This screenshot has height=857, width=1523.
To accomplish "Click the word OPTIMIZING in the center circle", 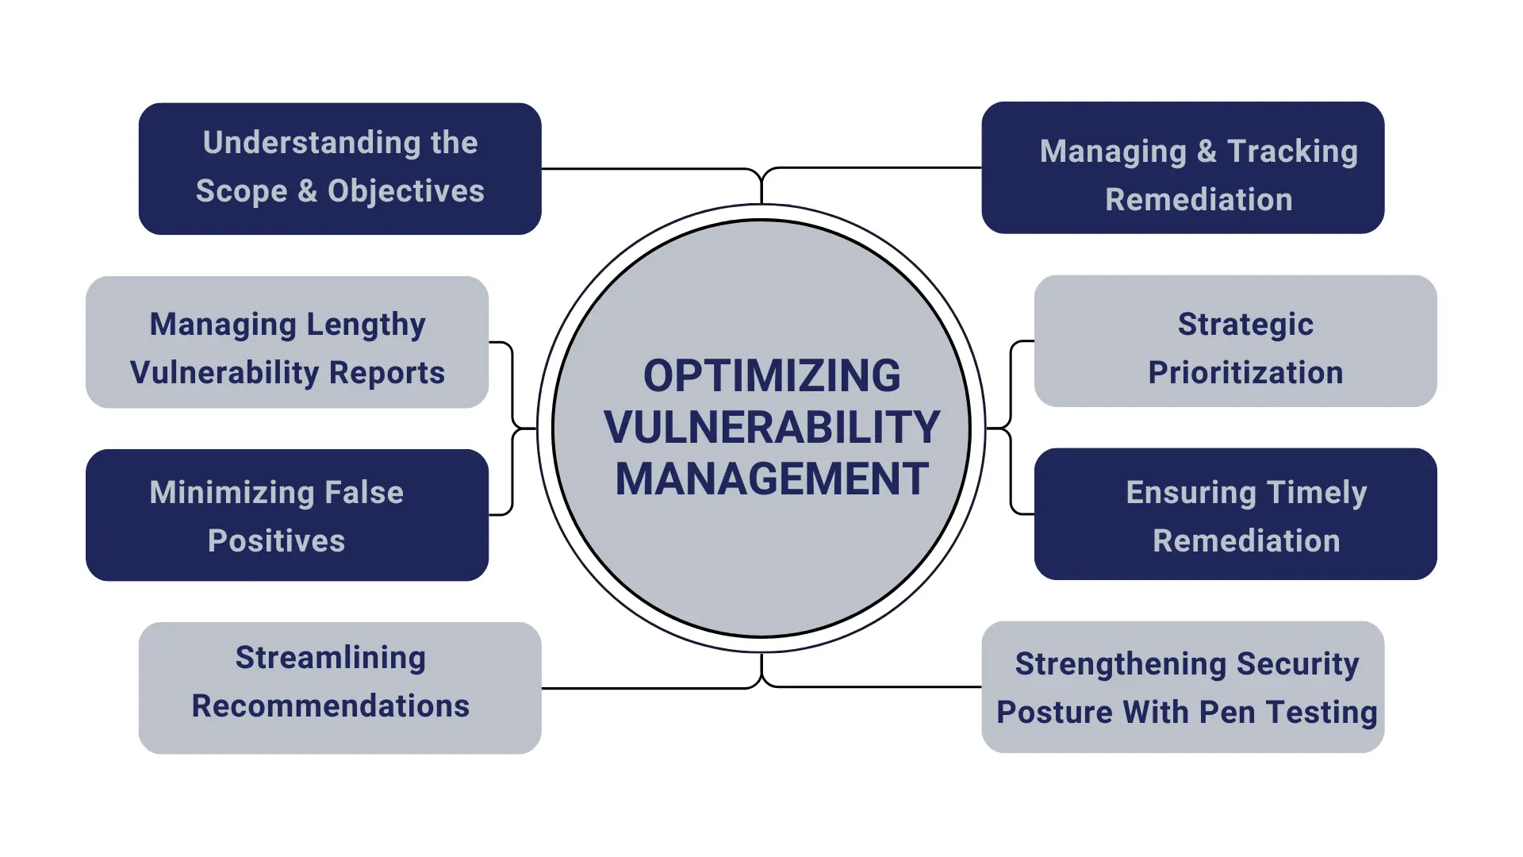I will (771, 375).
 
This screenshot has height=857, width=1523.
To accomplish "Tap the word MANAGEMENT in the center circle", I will (771, 478).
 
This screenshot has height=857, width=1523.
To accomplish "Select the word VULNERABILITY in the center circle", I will (771, 427).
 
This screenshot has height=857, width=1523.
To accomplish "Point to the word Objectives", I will (405, 191).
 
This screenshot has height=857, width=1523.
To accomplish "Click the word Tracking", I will (1292, 152).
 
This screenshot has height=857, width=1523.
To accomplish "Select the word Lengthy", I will (366, 325).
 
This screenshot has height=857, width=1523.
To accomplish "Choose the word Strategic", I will (1245, 325).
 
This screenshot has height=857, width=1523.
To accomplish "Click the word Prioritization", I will (1245, 373).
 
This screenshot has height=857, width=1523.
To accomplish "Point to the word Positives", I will (276, 541).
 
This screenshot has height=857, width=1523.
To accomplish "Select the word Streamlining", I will (330, 658).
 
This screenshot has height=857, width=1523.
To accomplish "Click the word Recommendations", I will (330, 706).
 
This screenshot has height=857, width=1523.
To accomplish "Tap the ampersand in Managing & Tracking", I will (1207, 152).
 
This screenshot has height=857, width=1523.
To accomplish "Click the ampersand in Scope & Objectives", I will (307, 191).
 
